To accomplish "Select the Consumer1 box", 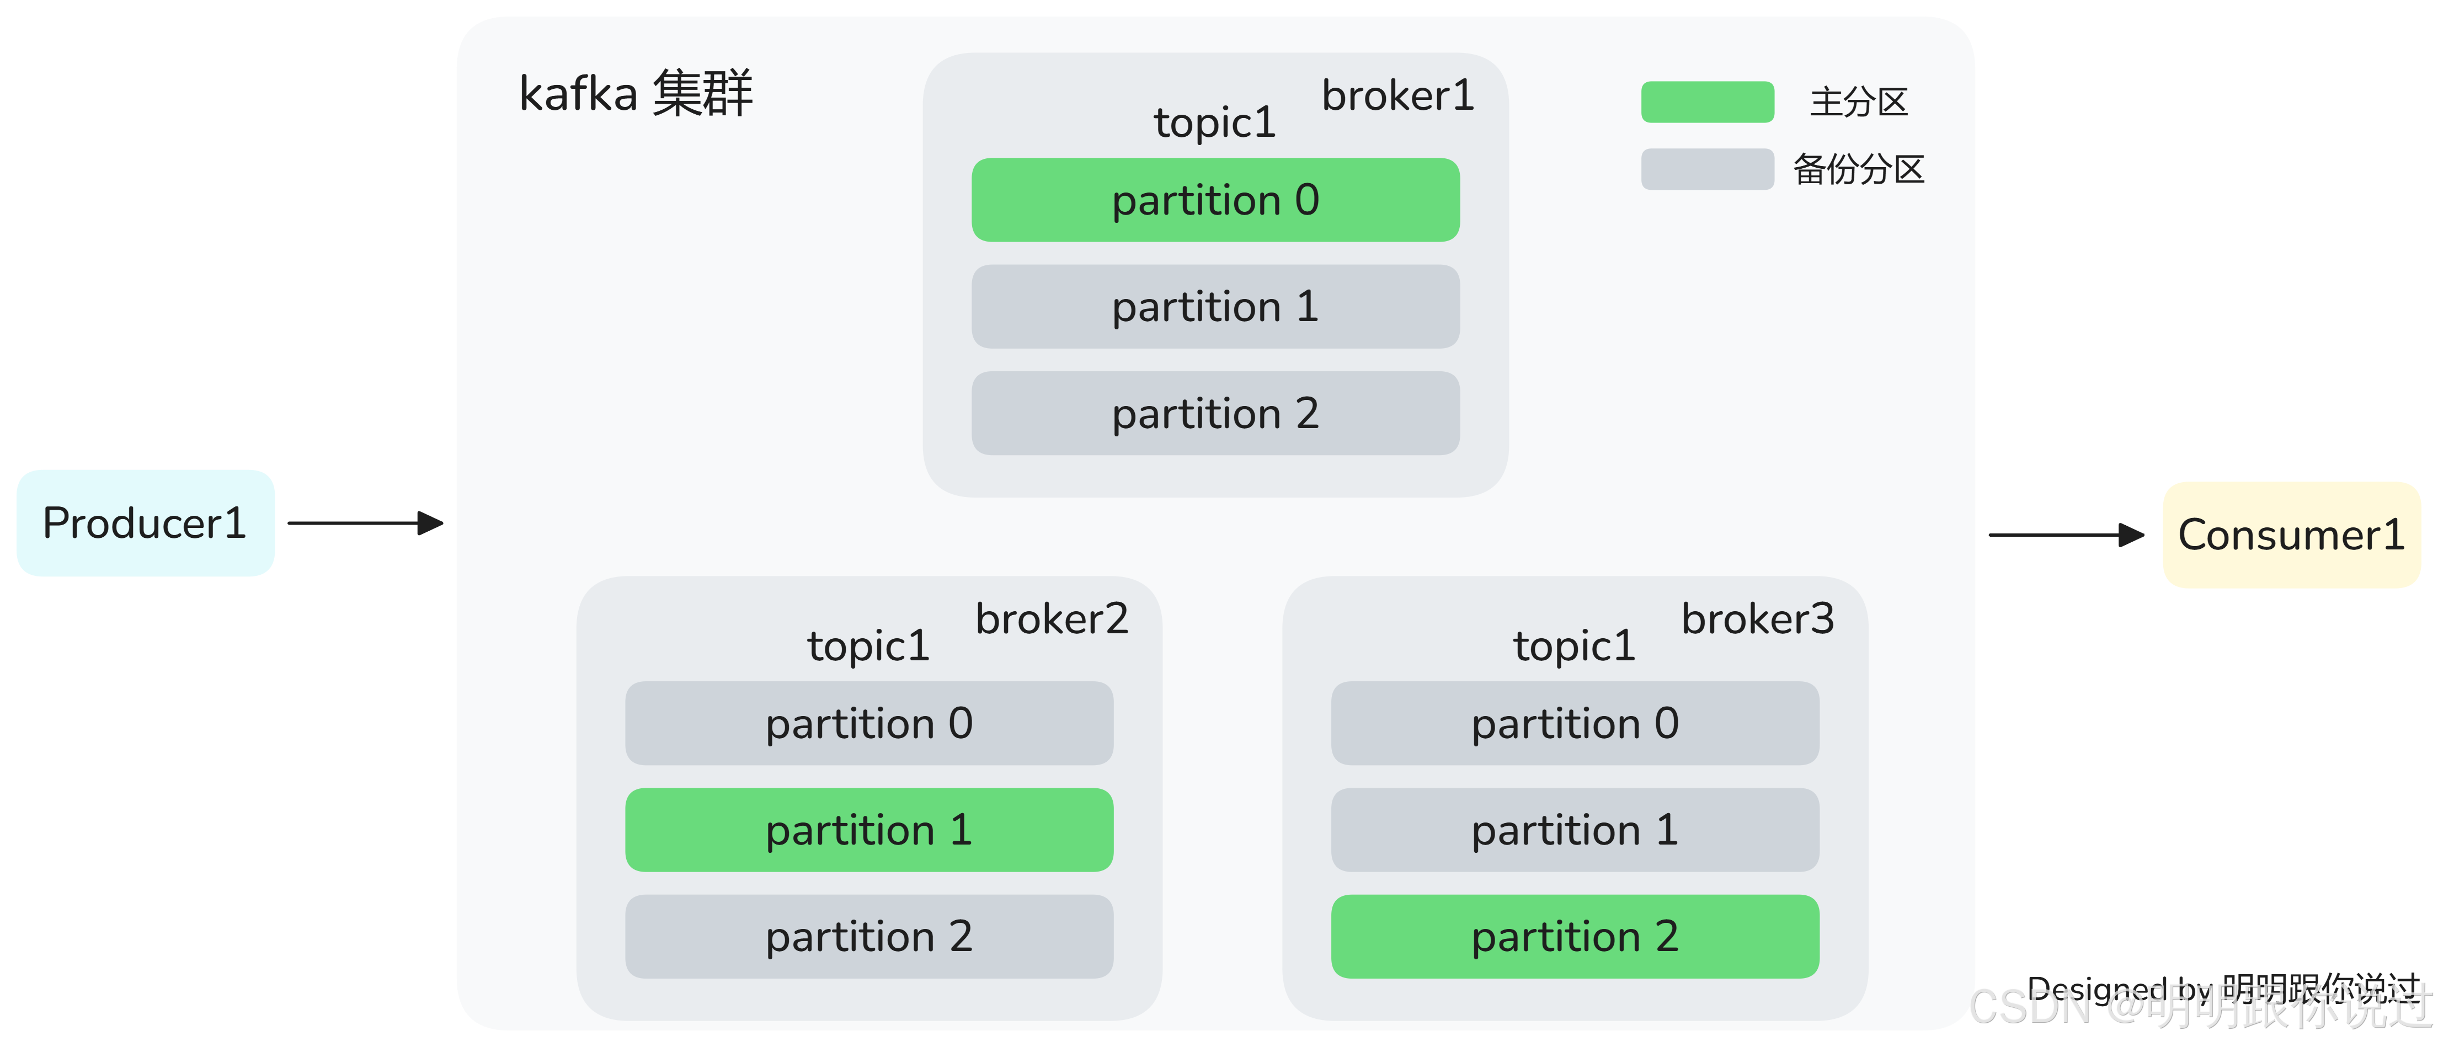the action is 2291,535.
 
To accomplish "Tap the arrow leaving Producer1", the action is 365,522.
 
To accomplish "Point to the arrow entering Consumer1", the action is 2067,535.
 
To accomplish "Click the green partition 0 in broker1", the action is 1215,200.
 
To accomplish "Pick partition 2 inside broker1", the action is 1215,413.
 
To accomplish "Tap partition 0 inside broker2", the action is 869,723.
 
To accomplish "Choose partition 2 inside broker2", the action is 869,936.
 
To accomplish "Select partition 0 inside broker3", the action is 1575,723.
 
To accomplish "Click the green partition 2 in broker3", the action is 1575,936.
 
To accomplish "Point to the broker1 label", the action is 1398,95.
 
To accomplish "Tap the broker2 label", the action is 1052,619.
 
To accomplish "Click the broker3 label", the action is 1758,619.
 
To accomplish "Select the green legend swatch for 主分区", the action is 1708,102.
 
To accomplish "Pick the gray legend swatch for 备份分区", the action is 1708,169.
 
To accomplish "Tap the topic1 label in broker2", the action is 868,645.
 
